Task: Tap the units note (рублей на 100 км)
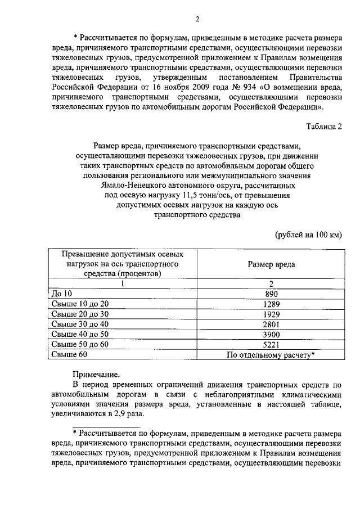tap(308, 234)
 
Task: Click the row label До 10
tap(61, 294)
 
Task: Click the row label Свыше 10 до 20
tap(79, 304)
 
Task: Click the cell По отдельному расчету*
tap(271, 355)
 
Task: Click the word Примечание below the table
tap(96, 373)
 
